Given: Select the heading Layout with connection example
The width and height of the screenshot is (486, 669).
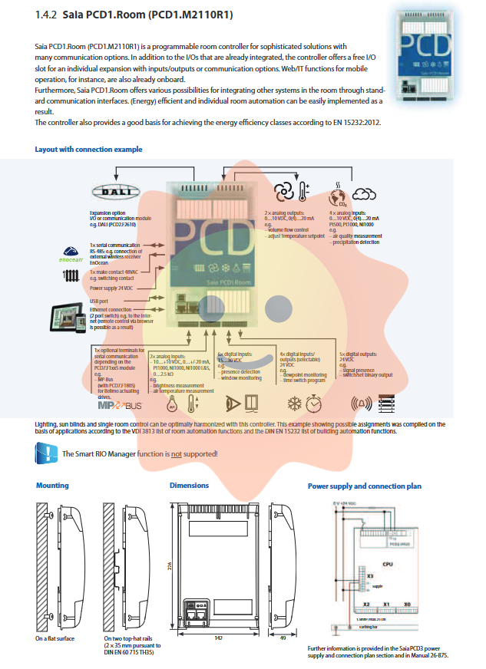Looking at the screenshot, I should [88, 149].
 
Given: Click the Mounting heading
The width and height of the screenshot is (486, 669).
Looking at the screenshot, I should [52, 486].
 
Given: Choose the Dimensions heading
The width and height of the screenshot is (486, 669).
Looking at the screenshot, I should [189, 486].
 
